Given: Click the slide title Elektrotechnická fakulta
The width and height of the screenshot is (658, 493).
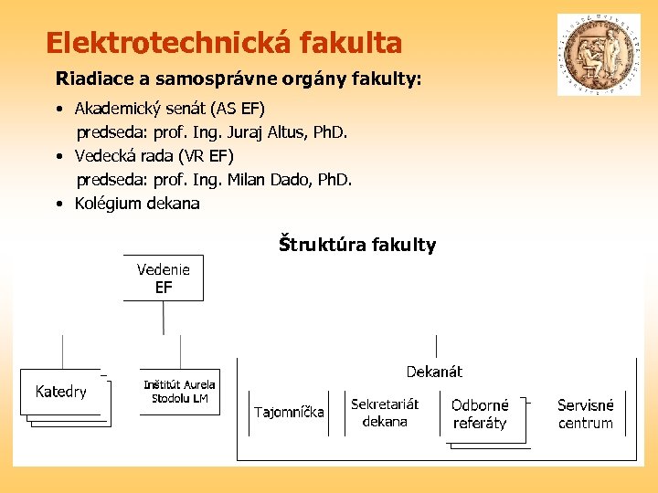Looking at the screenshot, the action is pyautogui.click(x=224, y=43).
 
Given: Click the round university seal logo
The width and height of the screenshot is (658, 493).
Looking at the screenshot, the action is pyautogui.click(x=600, y=55).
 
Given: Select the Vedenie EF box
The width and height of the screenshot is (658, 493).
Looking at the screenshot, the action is pyautogui.click(x=164, y=278).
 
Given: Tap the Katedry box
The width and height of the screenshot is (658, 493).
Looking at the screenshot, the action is pyautogui.click(x=61, y=393).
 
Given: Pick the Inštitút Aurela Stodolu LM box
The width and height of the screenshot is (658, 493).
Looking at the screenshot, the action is pyautogui.click(x=180, y=392).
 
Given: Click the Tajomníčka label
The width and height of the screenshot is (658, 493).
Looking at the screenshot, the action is pyautogui.click(x=289, y=412).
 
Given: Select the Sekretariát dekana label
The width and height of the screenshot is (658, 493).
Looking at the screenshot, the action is pyautogui.click(x=385, y=413).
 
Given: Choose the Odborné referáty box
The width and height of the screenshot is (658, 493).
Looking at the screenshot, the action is pyautogui.click(x=480, y=414).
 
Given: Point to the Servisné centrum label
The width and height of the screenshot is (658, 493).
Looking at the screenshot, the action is pyautogui.click(x=586, y=414).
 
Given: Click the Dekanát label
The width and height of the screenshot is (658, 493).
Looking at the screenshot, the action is pyautogui.click(x=434, y=372).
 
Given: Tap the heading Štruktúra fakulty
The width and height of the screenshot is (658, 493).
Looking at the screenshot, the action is pyautogui.click(x=357, y=245).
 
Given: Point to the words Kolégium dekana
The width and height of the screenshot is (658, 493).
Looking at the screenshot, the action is pyautogui.click(x=137, y=204).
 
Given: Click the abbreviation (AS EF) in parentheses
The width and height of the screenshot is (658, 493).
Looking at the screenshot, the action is pyautogui.click(x=238, y=109).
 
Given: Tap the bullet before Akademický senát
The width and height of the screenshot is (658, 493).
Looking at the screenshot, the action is pyautogui.click(x=58, y=110).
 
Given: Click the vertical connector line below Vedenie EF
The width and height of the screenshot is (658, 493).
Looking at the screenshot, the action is pyautogui.click(x=164, y=318).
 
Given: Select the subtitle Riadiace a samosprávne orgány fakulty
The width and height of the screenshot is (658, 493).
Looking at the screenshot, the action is pyautogui.click(x=239, y=79).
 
